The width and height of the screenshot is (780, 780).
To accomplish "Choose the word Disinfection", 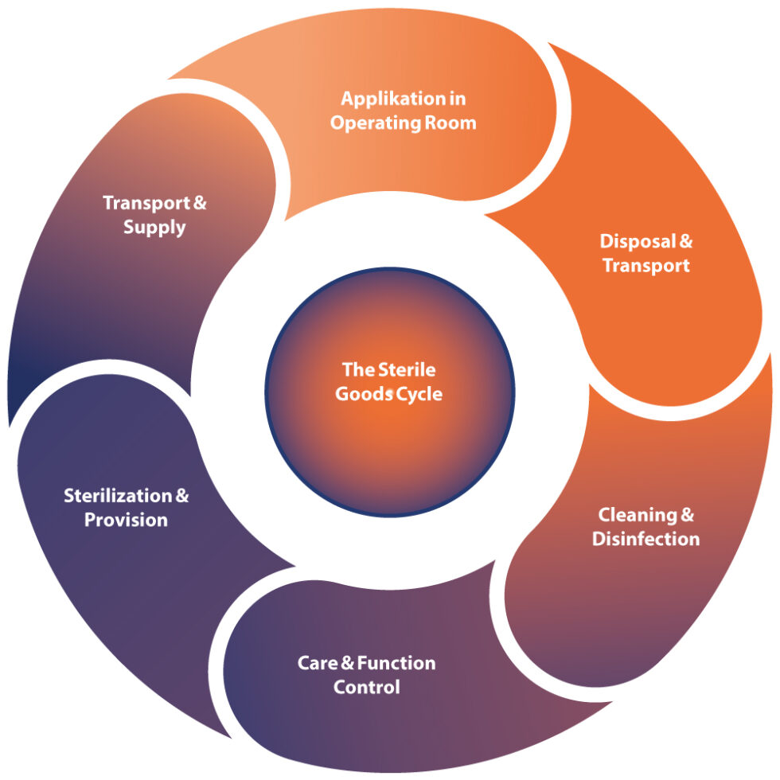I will (x=645, y=540).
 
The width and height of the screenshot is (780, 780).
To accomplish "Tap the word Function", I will (x=396, y=663).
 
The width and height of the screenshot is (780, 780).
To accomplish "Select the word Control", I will (x=366, y=687).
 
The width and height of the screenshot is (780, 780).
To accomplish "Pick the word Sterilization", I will (x=118, y=496).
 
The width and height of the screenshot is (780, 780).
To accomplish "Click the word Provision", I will (x=126, y=521).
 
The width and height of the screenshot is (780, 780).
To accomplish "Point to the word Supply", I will (x=154, y=228).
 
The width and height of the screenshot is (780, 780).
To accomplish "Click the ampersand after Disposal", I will (x=685, y=240).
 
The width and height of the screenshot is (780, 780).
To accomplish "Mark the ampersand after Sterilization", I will (x=181, y=496).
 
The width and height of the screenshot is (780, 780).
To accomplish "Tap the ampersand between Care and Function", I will (x=347, y=663).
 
